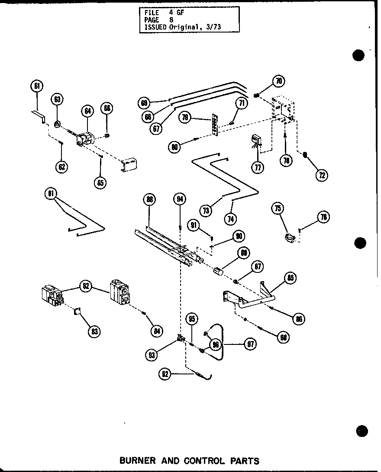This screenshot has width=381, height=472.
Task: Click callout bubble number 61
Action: (37, 86)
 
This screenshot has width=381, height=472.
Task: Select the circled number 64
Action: (88, 111)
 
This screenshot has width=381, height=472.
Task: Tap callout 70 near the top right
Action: (278, 81)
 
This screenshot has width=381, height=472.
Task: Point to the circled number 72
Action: (322, 175)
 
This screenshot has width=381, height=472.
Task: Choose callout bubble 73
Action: (207, 210)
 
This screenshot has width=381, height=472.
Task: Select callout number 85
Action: (290, 278)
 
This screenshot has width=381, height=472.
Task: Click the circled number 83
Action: (93, 332)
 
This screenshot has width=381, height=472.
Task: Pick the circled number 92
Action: (165, 374)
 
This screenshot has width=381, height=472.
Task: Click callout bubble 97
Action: (250, 344)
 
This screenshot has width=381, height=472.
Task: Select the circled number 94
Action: (179, 199)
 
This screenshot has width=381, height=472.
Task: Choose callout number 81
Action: (50, 193)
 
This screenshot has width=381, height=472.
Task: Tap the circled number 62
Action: (63, 166)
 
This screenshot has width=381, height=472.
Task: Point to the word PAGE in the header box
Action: (152, 20)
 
